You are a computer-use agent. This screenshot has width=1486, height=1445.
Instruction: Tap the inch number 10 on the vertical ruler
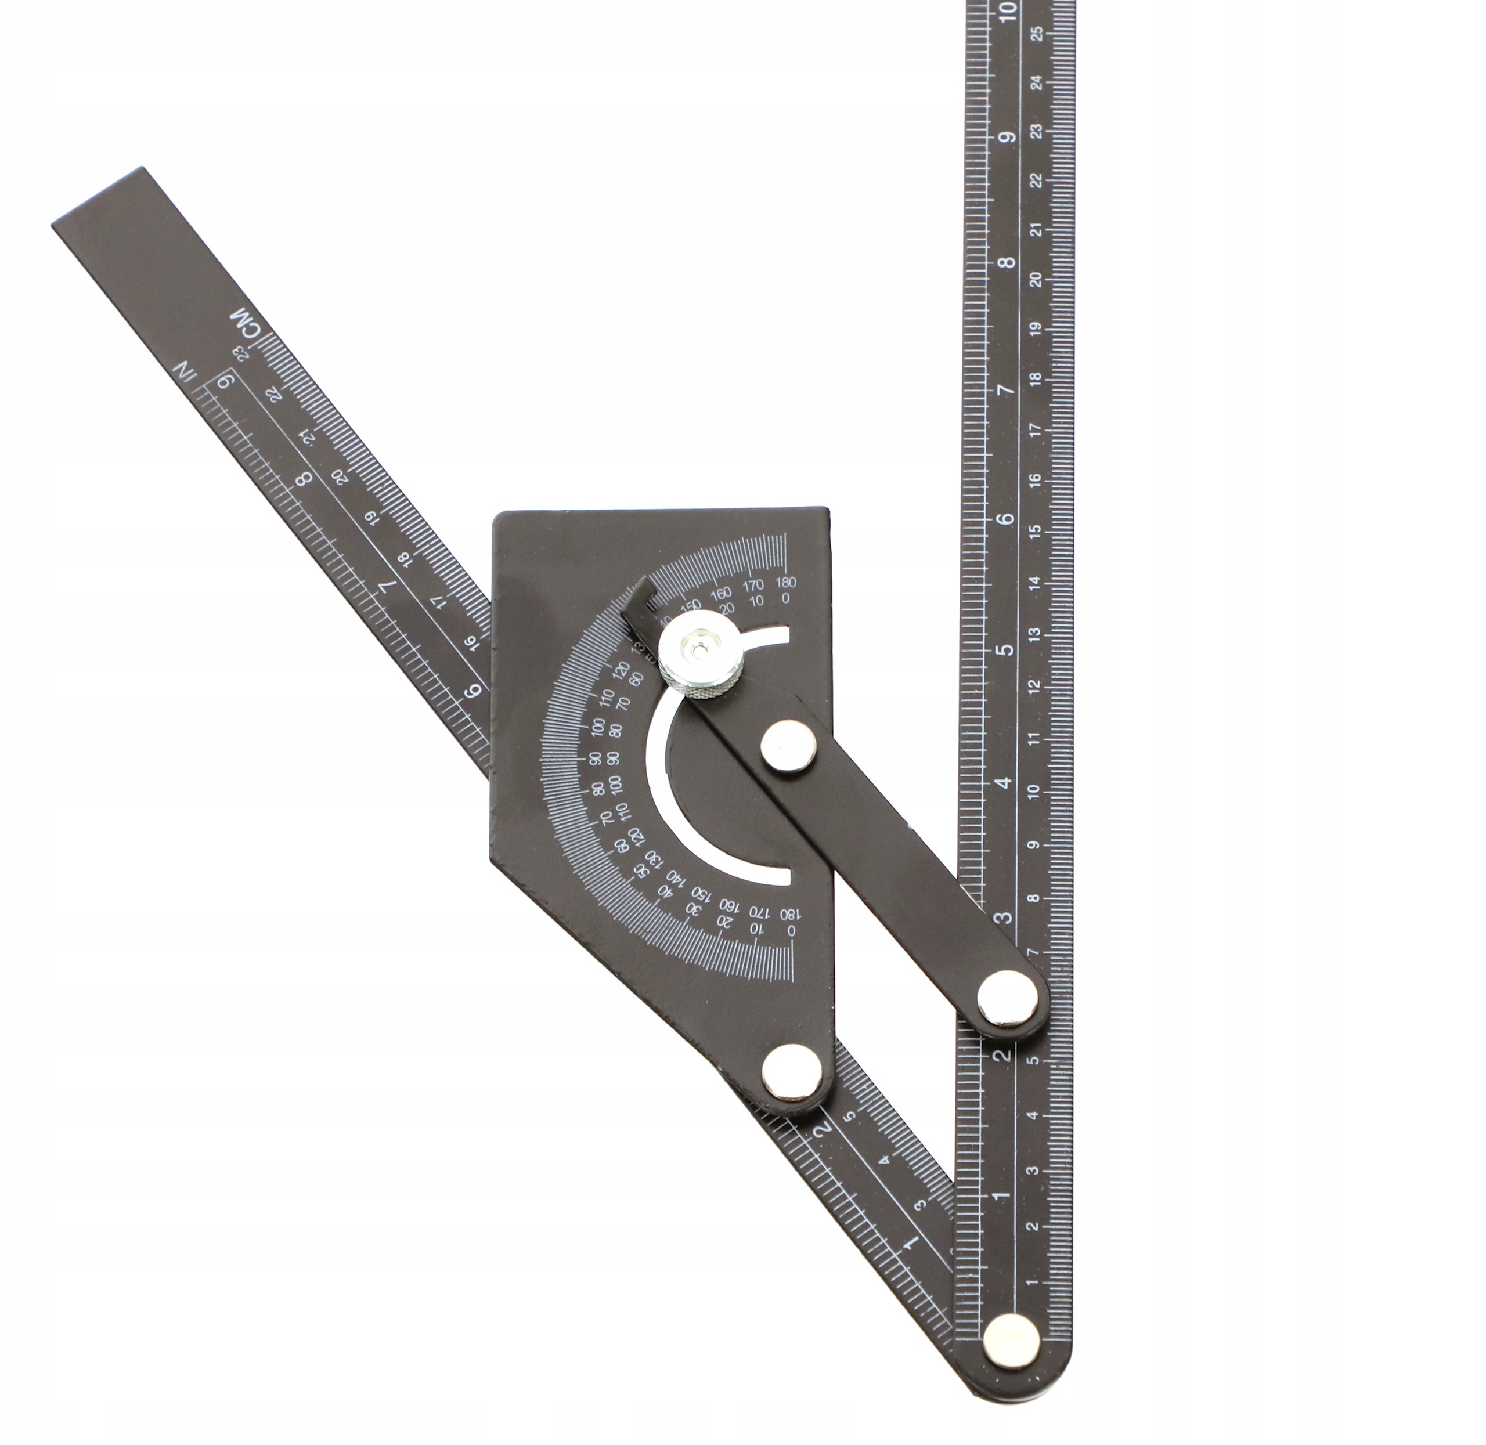pyautogui.click(x=1009, y=10)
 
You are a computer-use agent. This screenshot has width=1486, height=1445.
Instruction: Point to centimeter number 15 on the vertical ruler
pyautogui.click(x=1035, y=531)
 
